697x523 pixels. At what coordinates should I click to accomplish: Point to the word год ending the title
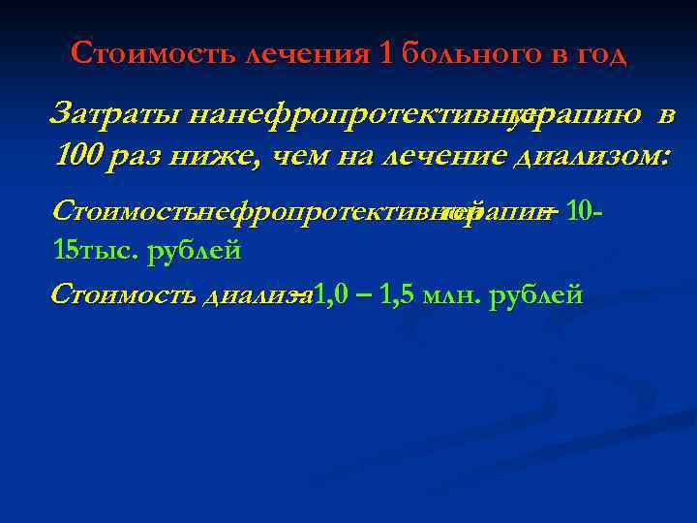602,53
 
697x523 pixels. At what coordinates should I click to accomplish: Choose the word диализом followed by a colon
588,155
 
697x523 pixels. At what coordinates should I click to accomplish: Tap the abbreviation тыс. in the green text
115,250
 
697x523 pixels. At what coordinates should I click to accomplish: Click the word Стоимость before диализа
123,293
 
